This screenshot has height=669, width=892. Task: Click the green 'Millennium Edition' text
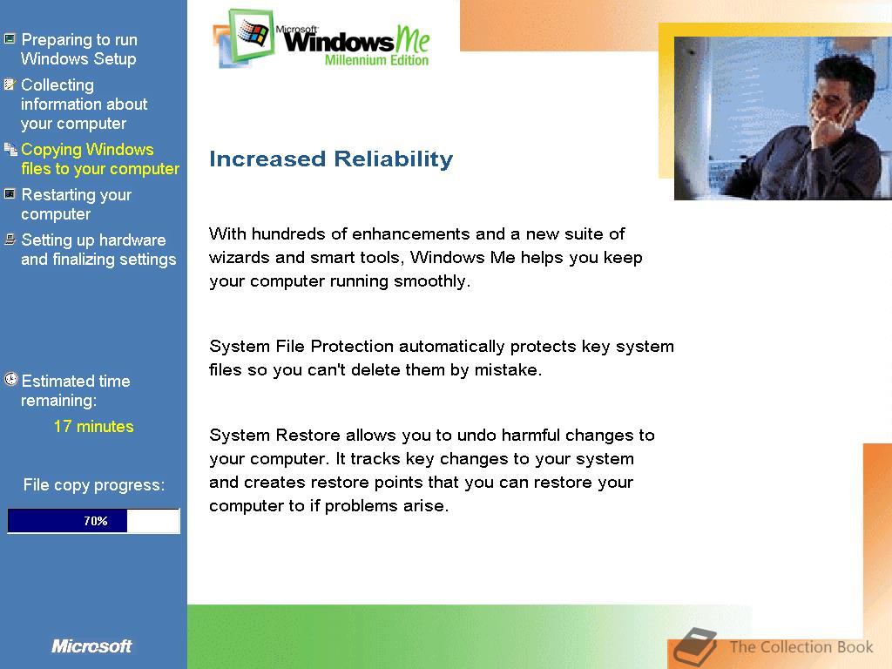click(376, 60)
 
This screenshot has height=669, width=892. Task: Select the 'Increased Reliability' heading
click(331, 159)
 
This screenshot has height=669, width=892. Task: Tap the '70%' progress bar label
click(96, 521)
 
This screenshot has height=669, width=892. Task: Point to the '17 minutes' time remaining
click(94, 426)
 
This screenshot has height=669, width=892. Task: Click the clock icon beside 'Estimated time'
click(10, 379)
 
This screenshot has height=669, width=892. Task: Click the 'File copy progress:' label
click(94, 484)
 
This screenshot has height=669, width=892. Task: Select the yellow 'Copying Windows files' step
click(100, 159)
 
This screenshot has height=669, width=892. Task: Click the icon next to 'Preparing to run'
click(10, 39)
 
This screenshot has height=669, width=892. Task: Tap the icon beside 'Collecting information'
click(10, 84)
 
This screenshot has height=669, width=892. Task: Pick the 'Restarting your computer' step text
click(77, 204)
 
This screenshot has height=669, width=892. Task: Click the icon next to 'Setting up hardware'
click(10, 239)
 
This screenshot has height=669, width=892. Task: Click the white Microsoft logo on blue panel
click(91, 646)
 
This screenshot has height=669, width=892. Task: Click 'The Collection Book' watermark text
click(801, 647)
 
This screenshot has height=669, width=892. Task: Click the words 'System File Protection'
click(301, 347)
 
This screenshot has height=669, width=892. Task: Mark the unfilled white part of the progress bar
click(153, 521)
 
